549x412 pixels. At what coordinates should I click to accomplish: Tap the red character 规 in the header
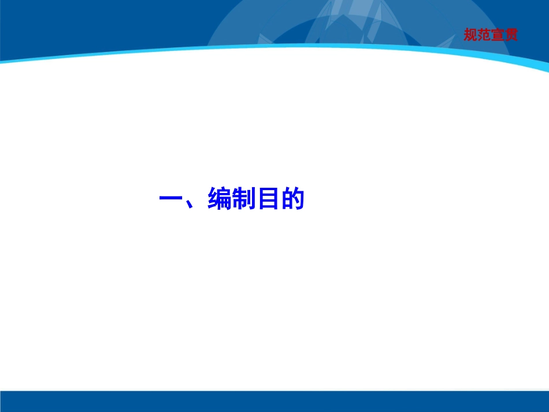(470, 35)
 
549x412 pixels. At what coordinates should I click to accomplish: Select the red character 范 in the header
(484, 35)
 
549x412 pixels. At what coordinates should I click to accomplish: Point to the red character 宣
(497, 35)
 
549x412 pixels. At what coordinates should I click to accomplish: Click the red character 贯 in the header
(510, 35)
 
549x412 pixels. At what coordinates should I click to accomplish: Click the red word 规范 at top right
(477, 35)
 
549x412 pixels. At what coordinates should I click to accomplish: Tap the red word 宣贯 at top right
(504, 35)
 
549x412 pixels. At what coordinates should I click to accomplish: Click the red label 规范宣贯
(490, 35)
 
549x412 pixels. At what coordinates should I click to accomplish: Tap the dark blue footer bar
(274, 401)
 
